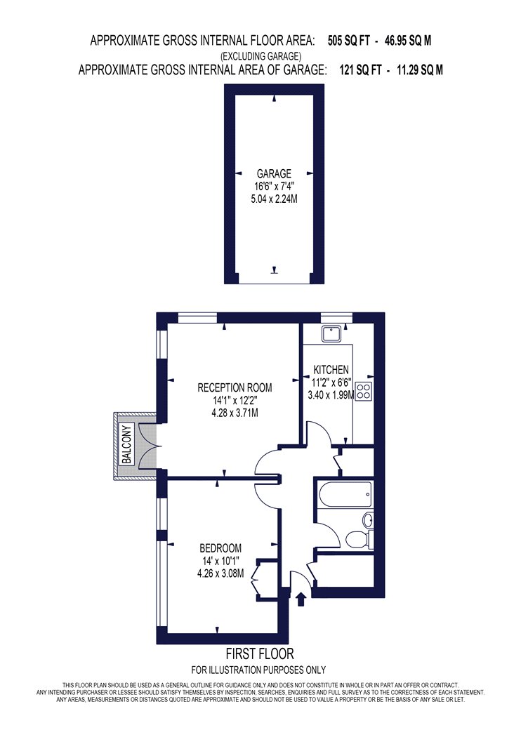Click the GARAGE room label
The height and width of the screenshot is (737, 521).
(x=274, y=173)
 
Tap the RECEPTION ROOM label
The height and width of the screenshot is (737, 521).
(x=235, y=387)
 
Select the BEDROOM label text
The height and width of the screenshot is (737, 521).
(x=220, y=548)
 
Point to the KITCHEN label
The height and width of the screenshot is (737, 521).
(x=331, y=370)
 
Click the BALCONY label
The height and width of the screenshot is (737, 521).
(x=126, y=444)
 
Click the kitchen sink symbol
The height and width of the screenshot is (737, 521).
(x=334, y=334)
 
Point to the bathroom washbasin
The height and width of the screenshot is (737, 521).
(x=368, y=520)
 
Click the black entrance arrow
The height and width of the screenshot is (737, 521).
(x=301, y=599)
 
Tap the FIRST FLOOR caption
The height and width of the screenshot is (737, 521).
(x=260, y=653)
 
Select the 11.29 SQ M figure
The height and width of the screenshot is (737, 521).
(x=420, y=70)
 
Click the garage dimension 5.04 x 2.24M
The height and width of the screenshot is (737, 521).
(x=274, y=199)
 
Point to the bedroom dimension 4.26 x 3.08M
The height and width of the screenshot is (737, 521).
(x=220, y=573)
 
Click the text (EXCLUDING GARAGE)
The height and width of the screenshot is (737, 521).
(x=261, y=56)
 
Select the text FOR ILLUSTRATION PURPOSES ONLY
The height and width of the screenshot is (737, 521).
(x=258, y=670)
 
